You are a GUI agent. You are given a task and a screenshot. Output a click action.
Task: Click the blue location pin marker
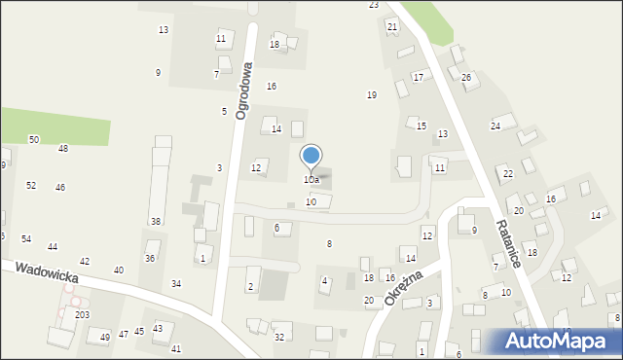(311, 156)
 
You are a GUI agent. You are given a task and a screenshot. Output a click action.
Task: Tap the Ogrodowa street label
(243, 90)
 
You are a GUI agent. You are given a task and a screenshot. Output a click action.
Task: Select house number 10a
(311, 180)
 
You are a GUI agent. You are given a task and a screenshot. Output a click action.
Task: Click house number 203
(83, 315)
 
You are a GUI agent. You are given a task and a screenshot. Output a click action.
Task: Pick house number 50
(34, 140)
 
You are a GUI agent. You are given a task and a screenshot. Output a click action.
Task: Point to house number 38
(156, 222)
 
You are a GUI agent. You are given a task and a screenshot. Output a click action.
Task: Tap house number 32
(279, 338)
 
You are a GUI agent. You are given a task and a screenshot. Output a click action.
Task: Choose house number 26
(466, 78)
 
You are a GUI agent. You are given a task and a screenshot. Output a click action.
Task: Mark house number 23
(374, 5)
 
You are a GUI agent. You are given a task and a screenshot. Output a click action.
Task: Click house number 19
(372, 95)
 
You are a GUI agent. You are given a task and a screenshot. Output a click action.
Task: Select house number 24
(495, 126)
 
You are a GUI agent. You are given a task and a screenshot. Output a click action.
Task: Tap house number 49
(105, 337)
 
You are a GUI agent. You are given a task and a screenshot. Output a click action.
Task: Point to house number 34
(176, 284)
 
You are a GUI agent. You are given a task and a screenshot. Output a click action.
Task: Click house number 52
(31, 185)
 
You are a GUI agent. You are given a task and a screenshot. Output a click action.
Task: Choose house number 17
(419, 77)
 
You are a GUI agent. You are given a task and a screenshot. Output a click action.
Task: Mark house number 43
(158, 329)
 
